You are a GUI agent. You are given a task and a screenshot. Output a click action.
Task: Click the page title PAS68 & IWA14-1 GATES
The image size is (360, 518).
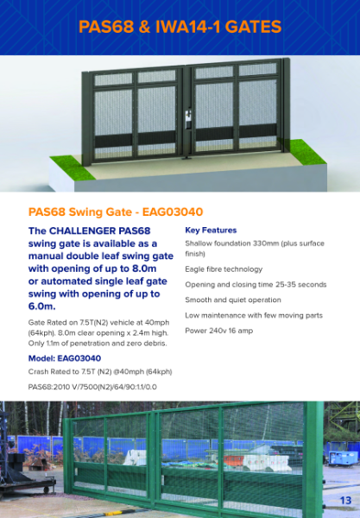click(x=180, y=27)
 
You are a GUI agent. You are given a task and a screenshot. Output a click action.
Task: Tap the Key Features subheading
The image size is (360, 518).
click(x=211, y=231)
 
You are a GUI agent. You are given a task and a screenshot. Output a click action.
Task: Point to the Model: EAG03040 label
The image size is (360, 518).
click(x=65, y=358)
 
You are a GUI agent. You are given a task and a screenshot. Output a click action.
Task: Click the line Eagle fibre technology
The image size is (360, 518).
click(x=224, y=269)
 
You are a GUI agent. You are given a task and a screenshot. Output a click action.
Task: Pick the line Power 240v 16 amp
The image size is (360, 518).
click(x=219, y=330)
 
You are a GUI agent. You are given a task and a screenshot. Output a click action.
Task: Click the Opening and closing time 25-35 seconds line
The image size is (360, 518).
click(x=256, y=284)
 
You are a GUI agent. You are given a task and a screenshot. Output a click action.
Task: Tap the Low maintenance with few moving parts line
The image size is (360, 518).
click(x=254, y=314)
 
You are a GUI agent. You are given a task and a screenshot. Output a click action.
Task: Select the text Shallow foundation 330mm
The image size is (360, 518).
click(x=239, y=244)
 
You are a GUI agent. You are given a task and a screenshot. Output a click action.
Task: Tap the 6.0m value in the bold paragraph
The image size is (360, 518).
click(x=41, y=306)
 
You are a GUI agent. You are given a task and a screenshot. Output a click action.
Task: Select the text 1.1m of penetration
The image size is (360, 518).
click(x=81, y=344)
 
